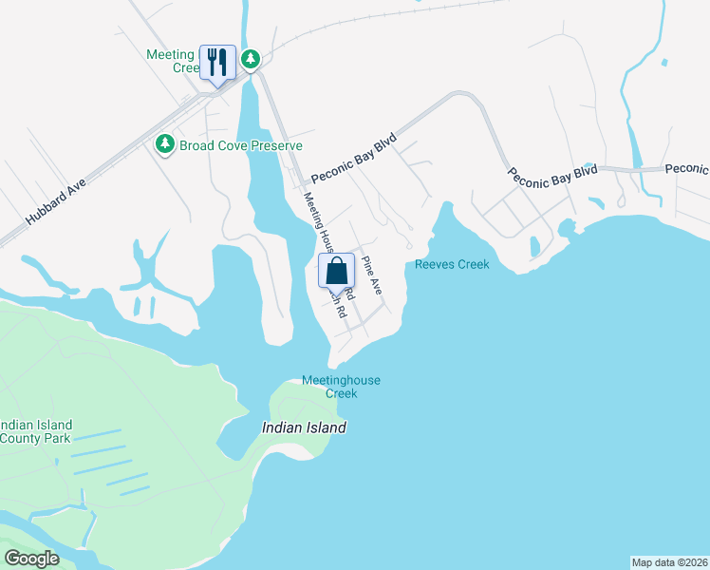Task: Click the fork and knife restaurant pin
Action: click(x=217, y=63)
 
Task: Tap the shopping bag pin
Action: click(x=337, y=272)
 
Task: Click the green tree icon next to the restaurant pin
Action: click(x=251, y=60)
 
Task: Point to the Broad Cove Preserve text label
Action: click(x=241, y=145)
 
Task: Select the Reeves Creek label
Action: click(x=452, y=264)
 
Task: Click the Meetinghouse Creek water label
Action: click(x=341, y=387)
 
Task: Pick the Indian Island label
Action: click(x=304, y=428)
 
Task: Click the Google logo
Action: click(x=32, y=559)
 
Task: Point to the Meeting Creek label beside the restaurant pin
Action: click(x=171, y=61)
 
